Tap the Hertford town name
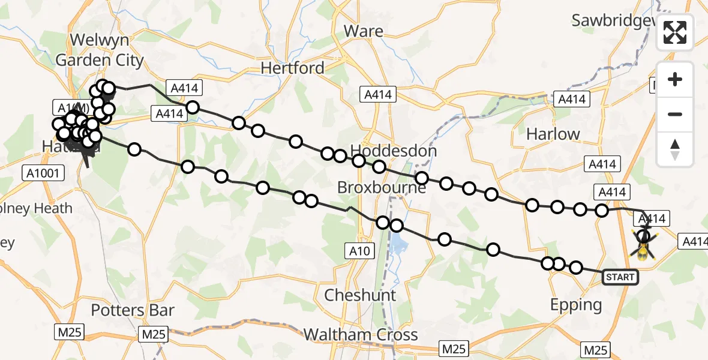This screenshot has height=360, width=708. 292,68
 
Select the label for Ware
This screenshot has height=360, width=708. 364,31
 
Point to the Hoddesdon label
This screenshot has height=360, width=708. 394,150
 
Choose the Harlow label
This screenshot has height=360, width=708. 553,134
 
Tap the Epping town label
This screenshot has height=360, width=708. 576,305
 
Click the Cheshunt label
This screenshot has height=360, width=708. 360,295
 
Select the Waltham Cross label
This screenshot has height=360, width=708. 360,334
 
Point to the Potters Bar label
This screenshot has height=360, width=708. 133,310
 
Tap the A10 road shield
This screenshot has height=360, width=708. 362,250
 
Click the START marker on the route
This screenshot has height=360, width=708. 620,277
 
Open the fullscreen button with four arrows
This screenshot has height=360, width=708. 675,32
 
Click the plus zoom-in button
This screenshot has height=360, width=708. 675,79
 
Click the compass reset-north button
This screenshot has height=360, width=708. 675,149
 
